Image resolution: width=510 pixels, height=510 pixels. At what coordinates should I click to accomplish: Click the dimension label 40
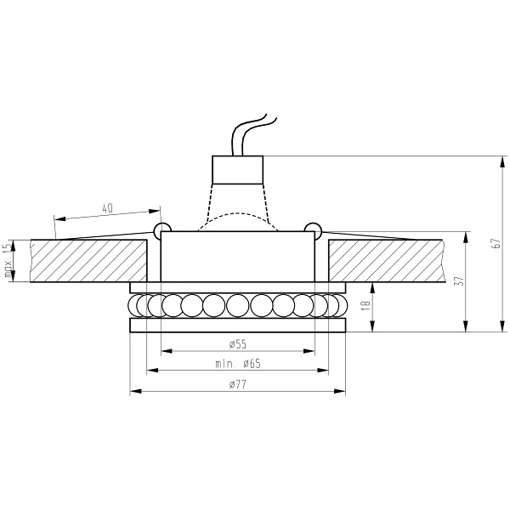click(107, 207)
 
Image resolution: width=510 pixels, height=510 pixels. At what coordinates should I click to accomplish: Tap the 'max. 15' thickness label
click(8, 261)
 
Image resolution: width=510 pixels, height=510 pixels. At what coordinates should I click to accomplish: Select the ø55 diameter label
click(237, 343)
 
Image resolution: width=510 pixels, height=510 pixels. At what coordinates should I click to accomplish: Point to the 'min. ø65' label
click(237, 364)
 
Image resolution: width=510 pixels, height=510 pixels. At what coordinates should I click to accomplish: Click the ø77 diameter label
click(237, 385)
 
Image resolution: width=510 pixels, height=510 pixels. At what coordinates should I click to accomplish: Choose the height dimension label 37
click(458, 281)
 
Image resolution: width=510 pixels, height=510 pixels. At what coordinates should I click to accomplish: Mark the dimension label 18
click(365, 303)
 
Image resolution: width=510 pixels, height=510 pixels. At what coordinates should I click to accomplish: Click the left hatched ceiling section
click(88, 260)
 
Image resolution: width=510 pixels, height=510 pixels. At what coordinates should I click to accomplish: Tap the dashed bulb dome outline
click(237, 216)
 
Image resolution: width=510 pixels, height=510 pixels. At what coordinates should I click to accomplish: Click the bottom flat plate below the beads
click(237, 326)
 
